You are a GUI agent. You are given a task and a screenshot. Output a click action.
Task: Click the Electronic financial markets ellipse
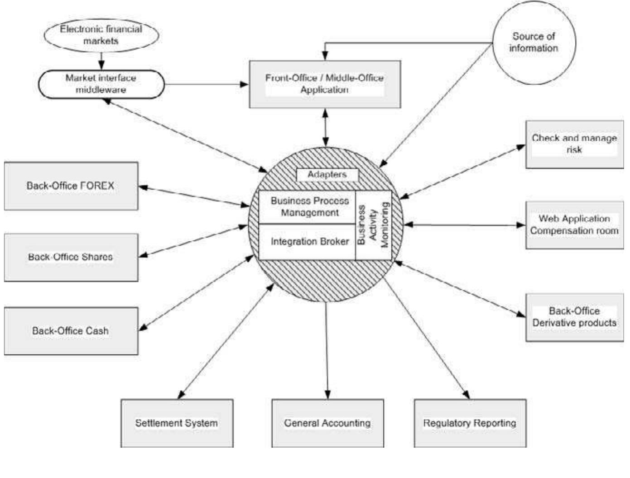pyautogui.click(x=101, y=35)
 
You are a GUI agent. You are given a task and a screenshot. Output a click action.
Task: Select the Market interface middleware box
pyautogui.click(x=101, y=84)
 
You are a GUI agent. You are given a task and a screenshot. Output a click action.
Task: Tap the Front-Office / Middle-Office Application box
pyautogui.click(x=325, y=84)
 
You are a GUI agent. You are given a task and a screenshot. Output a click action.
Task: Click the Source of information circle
pyautogui.click(x=534, y=43)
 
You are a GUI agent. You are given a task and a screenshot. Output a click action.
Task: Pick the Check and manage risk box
pyautogui.click(x=574, y=144)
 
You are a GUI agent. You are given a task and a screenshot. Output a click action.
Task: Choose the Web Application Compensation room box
pyautogui.click(x=574, y=225)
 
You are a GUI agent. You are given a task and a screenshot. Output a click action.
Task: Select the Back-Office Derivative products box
pyautogui.click(x=574, y=317)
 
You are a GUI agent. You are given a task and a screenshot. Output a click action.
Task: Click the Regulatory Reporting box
pyautogui.click(x=470, y=423)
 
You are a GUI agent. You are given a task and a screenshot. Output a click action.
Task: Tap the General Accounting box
pyautogui.click(x=327, y=423)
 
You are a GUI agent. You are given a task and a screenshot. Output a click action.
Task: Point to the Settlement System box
pyautogui.click(x=177, y=423)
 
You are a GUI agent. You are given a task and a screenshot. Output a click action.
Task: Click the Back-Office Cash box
pyautogui.click(x=71, y=331)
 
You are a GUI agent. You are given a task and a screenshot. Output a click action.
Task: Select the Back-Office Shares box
pyautogui.click(x=71, y=257)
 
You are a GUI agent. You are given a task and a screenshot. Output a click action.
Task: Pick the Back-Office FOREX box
pyautogui.click(x=71, y=186)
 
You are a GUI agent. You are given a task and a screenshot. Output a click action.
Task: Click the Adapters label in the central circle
pyautogui.click(x=327, y=175)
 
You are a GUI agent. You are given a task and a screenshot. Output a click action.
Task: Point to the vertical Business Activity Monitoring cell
pyautogui.click(x=373, y=225)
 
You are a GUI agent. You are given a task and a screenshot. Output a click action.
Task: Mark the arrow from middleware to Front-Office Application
pyautogui.click(x=206, y=84)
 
